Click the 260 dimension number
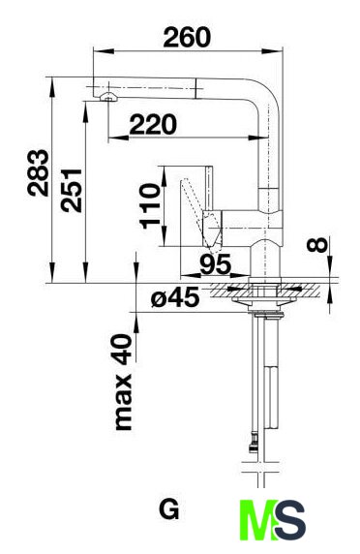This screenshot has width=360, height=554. [187, 38]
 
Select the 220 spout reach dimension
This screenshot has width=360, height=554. [153, 124]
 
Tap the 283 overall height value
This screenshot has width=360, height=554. [38, 172]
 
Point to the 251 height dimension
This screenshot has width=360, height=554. [71, 191]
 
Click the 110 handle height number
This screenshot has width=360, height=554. [150, 206]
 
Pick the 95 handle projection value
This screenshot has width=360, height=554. [215, 264]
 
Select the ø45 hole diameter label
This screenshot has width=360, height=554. [175, 297]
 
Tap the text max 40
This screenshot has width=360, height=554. [124, 382]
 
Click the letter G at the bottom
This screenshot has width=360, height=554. [169, 509]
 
